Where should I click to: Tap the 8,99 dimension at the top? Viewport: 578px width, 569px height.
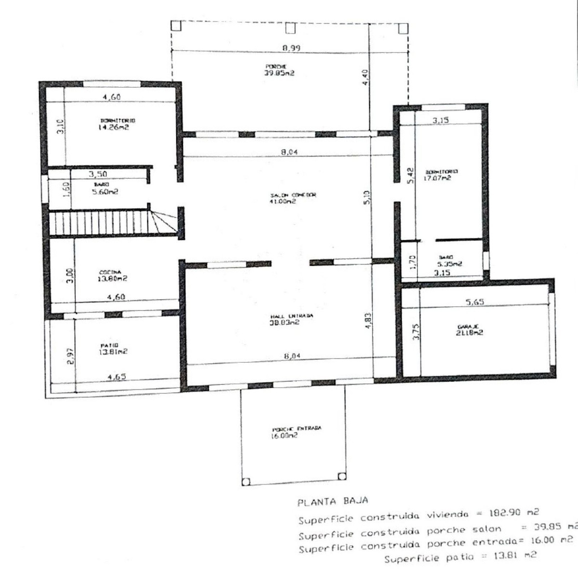(291, 48)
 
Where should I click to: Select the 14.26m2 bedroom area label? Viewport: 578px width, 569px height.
(113, 128)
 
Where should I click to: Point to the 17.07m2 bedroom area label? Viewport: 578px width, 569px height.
(438, 178)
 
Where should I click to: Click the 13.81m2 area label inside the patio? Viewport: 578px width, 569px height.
(114, 352)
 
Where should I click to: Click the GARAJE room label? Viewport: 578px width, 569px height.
(464, 326)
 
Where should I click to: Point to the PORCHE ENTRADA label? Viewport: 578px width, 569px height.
(297, 428)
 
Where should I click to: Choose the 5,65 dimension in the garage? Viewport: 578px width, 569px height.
(475, 302)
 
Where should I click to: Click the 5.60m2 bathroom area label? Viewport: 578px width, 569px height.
(105, 191)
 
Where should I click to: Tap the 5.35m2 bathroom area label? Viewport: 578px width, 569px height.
(449, 264)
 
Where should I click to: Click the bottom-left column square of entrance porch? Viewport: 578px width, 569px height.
(246, 481)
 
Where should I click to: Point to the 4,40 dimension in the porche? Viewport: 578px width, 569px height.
(365, 77)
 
